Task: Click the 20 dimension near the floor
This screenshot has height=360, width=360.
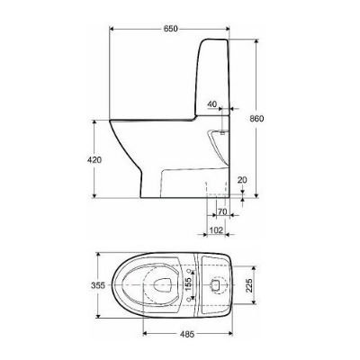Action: click(241, 180)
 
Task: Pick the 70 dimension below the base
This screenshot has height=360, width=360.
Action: click(221, 213)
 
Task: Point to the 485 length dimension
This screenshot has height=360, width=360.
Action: click(186, 332)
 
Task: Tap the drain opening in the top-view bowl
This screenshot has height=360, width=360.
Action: click(160, 286)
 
